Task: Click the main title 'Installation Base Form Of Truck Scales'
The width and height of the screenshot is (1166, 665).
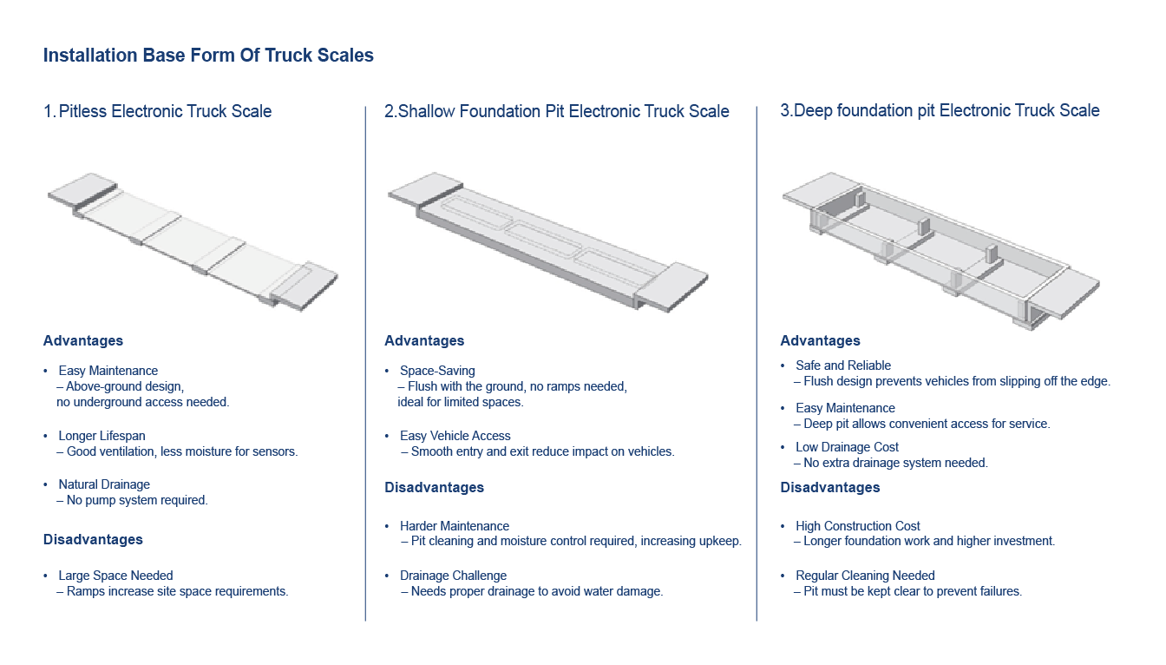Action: click(208, 56)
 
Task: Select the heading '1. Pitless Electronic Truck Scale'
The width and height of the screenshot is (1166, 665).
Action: click(157, 111)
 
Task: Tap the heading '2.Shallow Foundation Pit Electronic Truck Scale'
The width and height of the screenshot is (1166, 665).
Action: click(556, 111)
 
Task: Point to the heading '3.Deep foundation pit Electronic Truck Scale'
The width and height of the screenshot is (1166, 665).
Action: click(940, 110)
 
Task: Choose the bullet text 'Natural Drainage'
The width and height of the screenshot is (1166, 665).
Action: click(104, 484)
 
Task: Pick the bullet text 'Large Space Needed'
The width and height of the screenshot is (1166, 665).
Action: click(115, 576)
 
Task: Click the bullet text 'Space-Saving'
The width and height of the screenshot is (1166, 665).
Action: click(437, 371)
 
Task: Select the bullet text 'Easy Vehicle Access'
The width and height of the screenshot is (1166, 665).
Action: click(455, 436)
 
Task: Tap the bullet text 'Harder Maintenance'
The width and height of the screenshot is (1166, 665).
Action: click(454, 526)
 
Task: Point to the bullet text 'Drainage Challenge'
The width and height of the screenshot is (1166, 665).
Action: click(453, 576)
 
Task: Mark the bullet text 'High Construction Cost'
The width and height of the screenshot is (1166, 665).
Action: click(857, 526)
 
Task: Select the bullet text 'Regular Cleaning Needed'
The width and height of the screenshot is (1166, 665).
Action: click(865, 576)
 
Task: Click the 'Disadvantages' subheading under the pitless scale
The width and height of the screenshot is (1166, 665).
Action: click(93, 539)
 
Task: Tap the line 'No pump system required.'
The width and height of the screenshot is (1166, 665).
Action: click(137, 500)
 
